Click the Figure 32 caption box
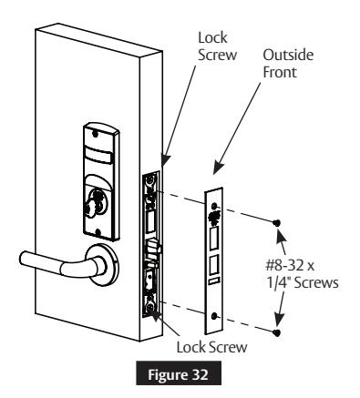coord(179,373)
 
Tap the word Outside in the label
coord(288,55)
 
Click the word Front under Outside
coord(280,72)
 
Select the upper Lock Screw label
coord(217,46)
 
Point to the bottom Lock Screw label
coord(211,347)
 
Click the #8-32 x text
coord(290,266)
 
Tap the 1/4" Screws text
coord(303,283)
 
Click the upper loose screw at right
coord(276,223)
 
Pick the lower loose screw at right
coord(276,332)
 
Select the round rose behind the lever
coord(104,265)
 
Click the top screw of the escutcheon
coord(96,133)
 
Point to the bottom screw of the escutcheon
coord(98,232)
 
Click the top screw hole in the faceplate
coord(215,206)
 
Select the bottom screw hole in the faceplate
coord(215,316)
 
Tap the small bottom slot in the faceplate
coord(214,281)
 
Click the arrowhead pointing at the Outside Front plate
coord(218,168)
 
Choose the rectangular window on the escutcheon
coord(98,155)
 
